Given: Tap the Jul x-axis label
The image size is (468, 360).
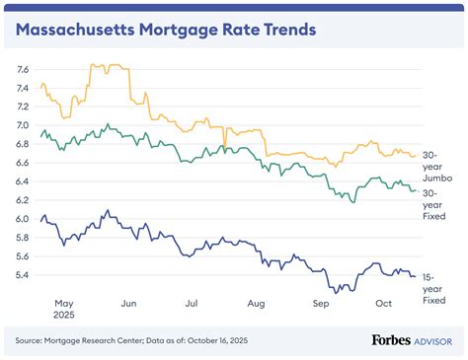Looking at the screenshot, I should coord(193,306).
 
